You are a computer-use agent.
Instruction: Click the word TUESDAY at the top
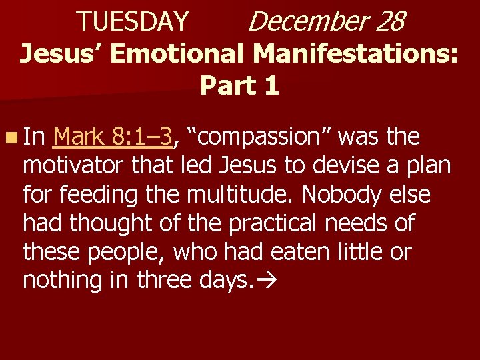[133, 21]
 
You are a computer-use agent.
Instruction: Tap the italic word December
[307, 21]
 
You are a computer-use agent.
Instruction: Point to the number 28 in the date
[389, 21]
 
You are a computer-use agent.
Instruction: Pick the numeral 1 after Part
[271, 85]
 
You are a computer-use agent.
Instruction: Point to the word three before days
[167, 281]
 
